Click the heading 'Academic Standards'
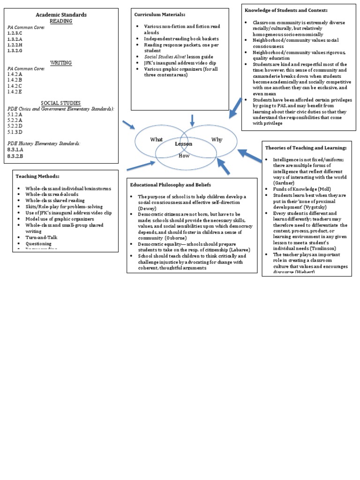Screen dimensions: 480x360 (x=61, y=15)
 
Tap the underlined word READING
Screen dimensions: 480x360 (x=61, y=21)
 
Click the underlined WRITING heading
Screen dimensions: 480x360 (x=61, y=62)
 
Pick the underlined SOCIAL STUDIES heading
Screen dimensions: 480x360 (x=61, y=103)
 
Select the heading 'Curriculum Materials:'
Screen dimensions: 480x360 (x=157, y=15)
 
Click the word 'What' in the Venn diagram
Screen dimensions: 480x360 (x=156, y=139)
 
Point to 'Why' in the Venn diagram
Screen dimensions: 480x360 (x=217, y=139)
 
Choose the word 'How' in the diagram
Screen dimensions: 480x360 (x=184, y=156)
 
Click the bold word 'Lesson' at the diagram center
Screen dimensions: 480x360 (x=184, y=144)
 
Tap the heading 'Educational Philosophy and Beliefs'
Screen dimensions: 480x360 (x=171, y=184)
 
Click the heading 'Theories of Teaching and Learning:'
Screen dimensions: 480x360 (x=306, y=148)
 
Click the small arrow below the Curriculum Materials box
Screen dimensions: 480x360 (x=192, y=120)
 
